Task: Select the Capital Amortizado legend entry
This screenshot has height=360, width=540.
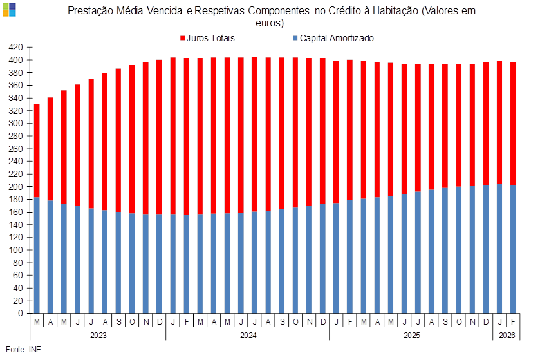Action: (337, 38)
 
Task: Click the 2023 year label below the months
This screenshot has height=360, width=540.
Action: (98, 336)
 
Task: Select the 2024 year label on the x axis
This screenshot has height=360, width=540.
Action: (248, 336)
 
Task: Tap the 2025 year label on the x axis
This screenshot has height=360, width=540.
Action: (411, 336)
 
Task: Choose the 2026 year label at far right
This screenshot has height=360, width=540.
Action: (507, 336)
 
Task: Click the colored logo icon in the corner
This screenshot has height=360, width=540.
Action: (9, 8)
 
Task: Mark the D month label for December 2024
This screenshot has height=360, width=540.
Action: (322, 321)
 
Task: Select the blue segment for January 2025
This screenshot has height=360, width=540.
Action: (336, 258)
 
